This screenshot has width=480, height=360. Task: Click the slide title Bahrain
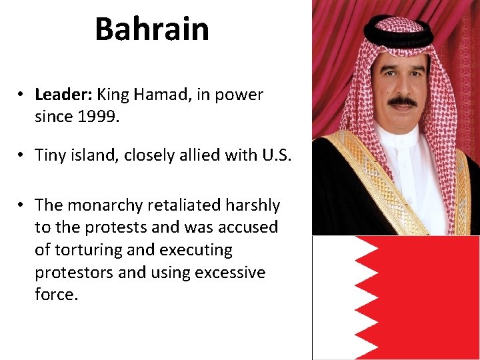[x=152, y=29]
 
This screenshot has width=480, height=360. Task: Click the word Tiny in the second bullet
[x=51, y=155]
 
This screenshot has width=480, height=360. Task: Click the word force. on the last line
[x=57, y=295]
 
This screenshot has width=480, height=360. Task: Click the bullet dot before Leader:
[x=22, y=95]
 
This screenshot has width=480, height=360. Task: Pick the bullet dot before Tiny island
[x=22, y=155]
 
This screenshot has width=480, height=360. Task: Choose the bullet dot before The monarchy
[x=22, y=205]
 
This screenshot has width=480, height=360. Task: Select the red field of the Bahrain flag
[x=427, y=297]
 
